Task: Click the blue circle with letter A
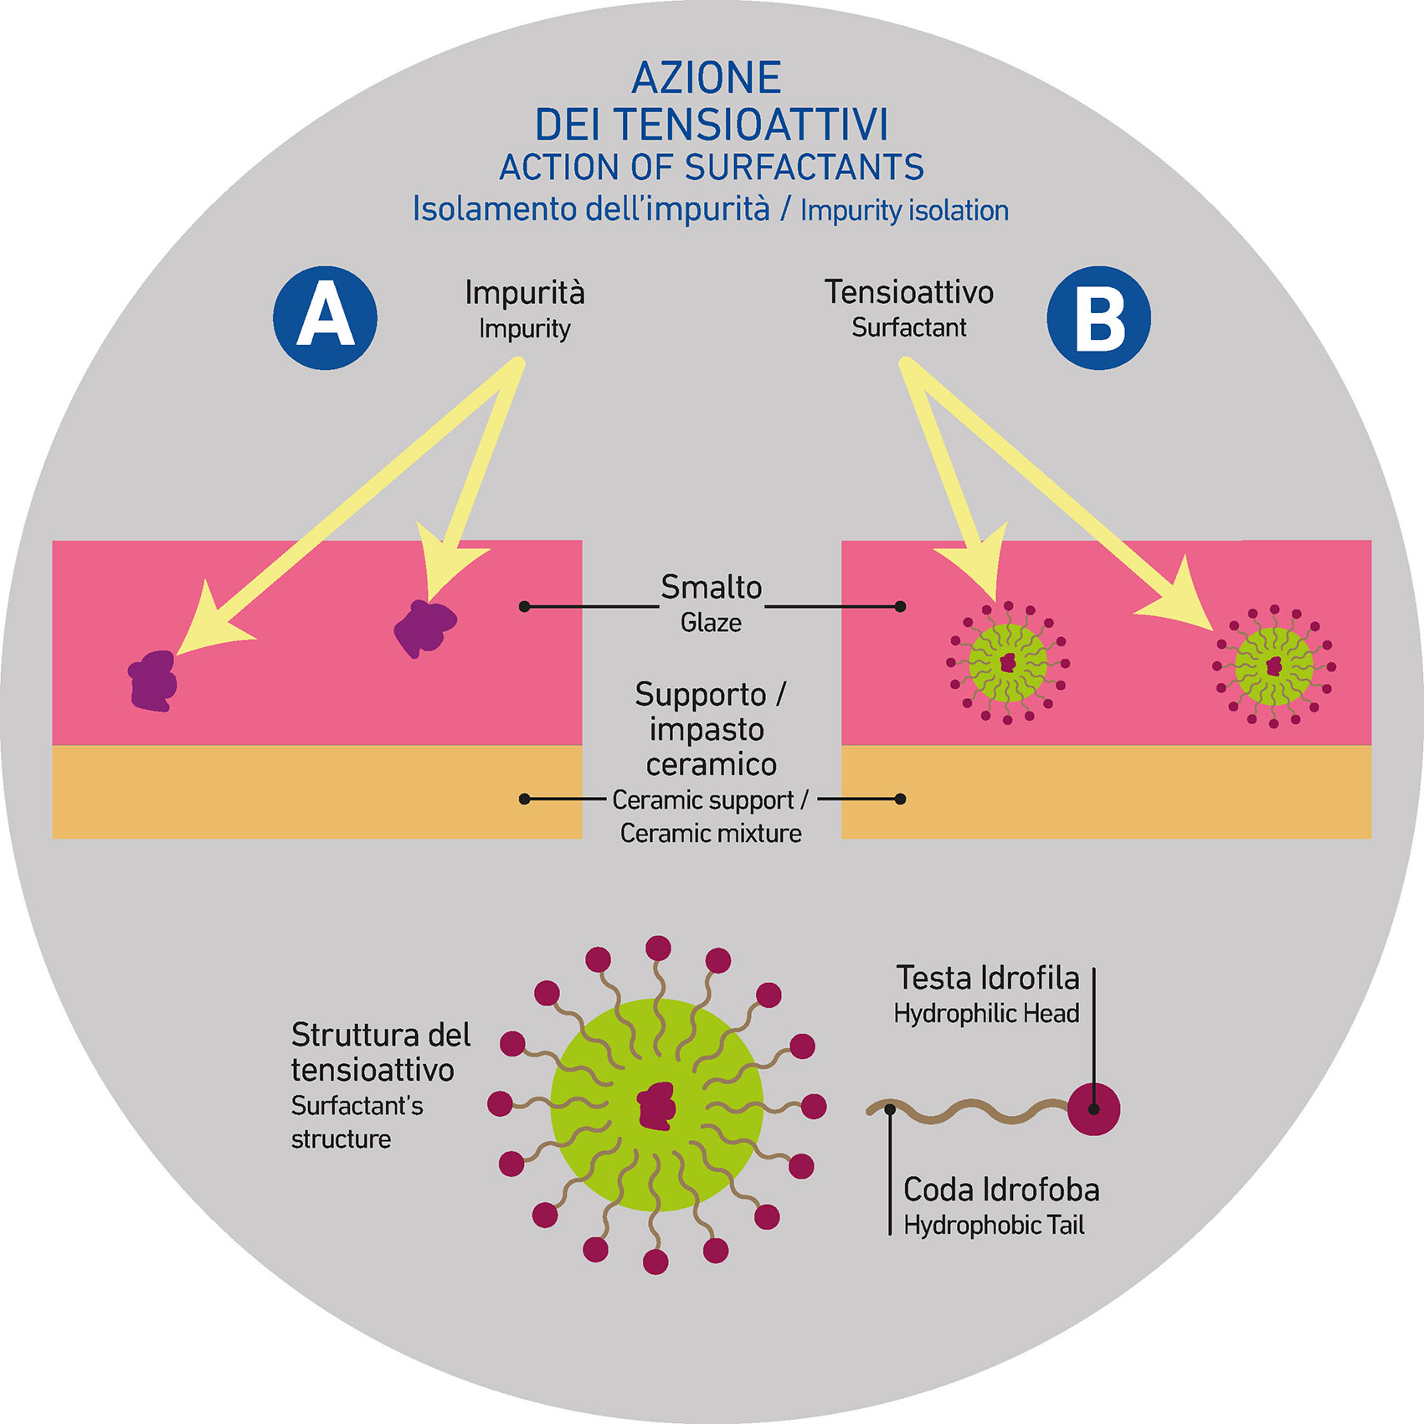[325, 317]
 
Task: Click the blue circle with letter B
[1098, 317]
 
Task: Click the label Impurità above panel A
[525, 292]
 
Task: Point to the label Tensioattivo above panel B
[909, 291]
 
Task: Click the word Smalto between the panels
[711, 587]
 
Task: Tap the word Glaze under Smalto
[711, 623]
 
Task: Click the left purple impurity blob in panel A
[153, 681]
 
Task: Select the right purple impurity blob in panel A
[425, 627]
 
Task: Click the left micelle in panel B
[1008, 663]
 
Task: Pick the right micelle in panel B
[1273, 666]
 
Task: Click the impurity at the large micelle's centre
[656, 1105]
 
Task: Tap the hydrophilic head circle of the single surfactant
[1093, 1108]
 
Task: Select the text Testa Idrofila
[988, 978]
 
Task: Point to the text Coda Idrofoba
[1001, 1190]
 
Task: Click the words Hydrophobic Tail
[994, 1226]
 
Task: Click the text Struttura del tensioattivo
[380, 1052]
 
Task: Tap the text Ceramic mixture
[711, 834]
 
